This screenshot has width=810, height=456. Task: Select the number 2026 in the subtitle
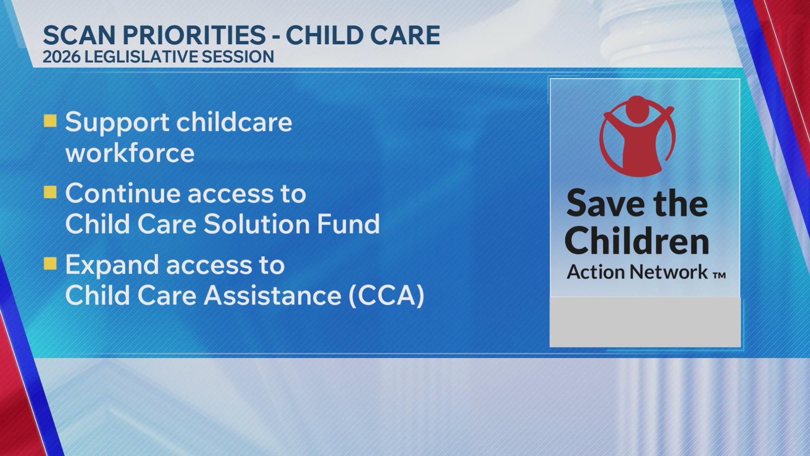[x=62, y=57]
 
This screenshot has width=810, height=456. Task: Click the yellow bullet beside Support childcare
[x=50, y=121]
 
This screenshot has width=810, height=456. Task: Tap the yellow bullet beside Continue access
[x=50, y=193]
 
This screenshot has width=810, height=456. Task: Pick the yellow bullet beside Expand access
[x=50, y=264]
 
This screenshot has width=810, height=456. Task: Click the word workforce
[x=130, y=153]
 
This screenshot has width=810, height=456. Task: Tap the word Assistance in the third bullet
[x=273, y=295]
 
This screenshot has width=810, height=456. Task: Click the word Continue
[x=123, y=193]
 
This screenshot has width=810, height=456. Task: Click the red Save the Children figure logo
[x=637, y=136]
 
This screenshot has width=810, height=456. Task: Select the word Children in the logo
[x=637, y=241]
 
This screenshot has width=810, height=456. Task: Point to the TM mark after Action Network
[x=719, y=276]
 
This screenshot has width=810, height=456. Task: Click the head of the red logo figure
[x=637, y=109]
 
